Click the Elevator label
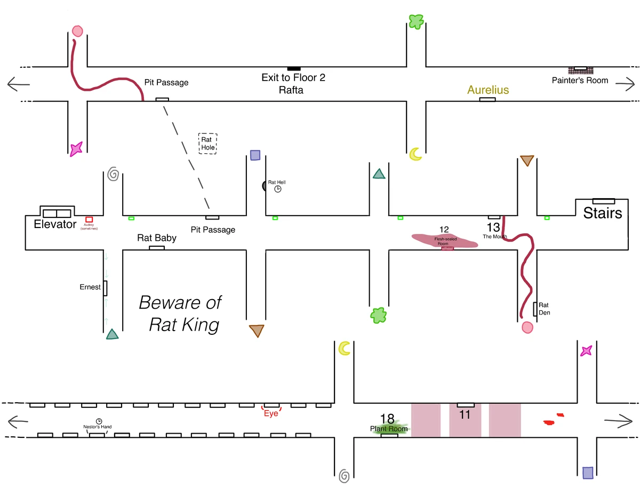(x=55, y=224)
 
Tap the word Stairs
(x=603, y=214)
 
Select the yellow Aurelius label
(x=488, y=90)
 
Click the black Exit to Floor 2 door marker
(x=293, y=68)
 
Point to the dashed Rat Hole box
(x=207, y=144)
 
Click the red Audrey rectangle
(x=89, y=219)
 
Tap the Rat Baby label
(x=157, y=238)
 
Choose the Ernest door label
(x=90, y=287)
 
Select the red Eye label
(x=271, y=413)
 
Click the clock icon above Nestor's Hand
(x=99, y=421)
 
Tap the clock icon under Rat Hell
(x=278, y=189)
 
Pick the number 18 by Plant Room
(x=387, y=419)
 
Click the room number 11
(x=465, y=414)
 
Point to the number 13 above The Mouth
(x=493, y=227)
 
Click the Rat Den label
(x=544, y=309)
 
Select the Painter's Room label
(x=580, y=81)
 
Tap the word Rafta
(x=291, y=90)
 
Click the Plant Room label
(x=389, y=429)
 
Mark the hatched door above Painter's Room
(x=578, y=70)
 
